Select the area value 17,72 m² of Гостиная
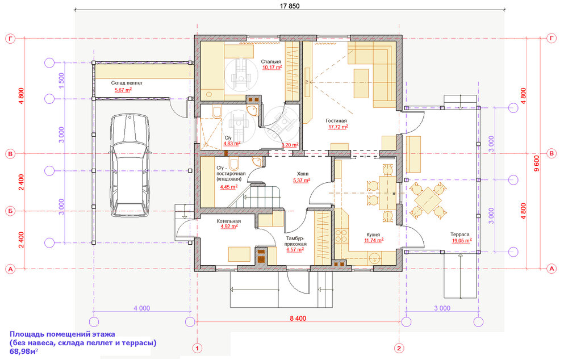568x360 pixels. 337,127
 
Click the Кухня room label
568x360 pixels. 373,233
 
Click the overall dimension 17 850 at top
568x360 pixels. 290,6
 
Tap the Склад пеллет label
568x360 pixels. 127,83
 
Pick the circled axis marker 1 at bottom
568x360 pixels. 197,348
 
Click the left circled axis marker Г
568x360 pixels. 10,39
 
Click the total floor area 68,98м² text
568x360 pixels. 23,352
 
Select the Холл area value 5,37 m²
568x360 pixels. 302,181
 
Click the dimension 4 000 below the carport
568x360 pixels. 141,308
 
